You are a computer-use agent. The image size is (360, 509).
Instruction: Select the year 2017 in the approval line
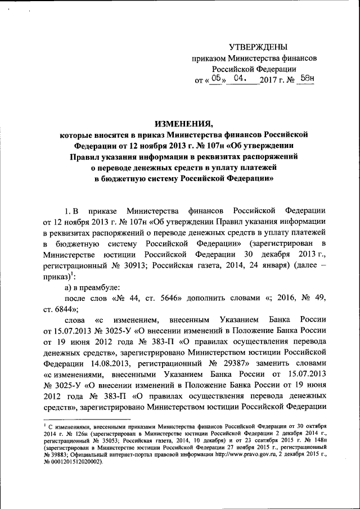point(268,80)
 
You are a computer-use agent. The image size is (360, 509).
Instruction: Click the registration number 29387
point(242,363)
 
